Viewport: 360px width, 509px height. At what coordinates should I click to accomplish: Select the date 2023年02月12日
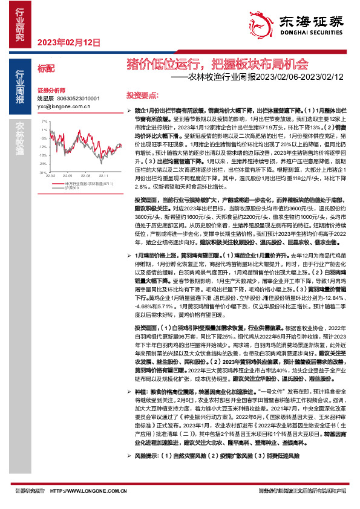point(68,42)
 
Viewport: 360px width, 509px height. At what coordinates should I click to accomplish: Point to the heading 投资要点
point(142,96)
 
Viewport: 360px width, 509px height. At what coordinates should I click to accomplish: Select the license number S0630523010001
point(75,97)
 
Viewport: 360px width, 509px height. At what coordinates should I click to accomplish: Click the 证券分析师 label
point(50,89)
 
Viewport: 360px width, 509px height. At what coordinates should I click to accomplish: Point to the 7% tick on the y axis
point(43,121)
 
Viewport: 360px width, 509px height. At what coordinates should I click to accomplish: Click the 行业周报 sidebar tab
point(21,88)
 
